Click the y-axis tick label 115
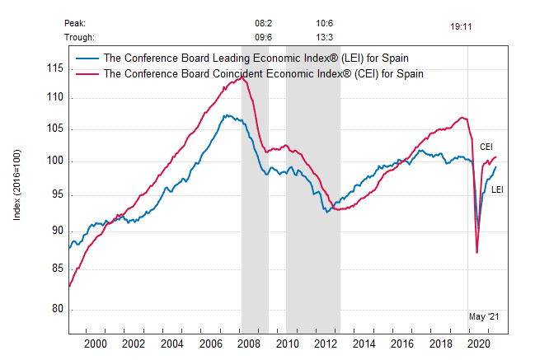pyautogui.click(x=55, y=68)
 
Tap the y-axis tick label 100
pyautogui.click(x=55, y=161)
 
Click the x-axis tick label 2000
pyautogui.click(x=95, y=344)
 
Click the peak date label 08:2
pyautogui.click(x=264, y=24)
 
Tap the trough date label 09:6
pyautogui.click(x=264, y=37)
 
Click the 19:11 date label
pyautogui.click(x=461, y=26)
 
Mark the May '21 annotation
pyautogui.click(x=483, y=316)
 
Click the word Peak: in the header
pyautogui.click(x=75, y=24)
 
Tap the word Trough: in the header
pyautogui.click(x=79, y=37)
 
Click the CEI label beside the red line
pyautogui.click(x=486, y=147)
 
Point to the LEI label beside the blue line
pyautogui.click(x=498, y=189)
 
